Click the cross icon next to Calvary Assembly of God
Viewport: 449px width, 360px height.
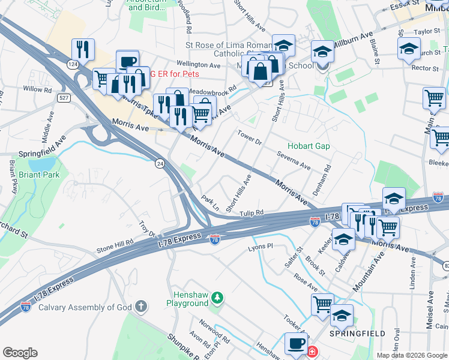pyautogui.click(x=141, y=307)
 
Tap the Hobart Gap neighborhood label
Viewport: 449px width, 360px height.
pyautogui.click(x=309, y=146)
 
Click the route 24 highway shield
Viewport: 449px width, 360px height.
pyautogui.click(x=159, y=163)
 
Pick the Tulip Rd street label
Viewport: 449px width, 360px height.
pyautogui.click(x=252, y=213)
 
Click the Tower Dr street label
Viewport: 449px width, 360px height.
pyautogui.click(x=250, y=137)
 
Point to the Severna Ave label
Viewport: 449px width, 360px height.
pyautogui.click(x=294, y=160)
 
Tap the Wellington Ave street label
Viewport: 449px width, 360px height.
pyautogui.click(x=199, y=64)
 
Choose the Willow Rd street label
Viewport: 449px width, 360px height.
pyautogui.click(x=38, y=89)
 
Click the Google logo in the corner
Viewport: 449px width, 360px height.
pyautogui.click(x=20, y=352)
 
